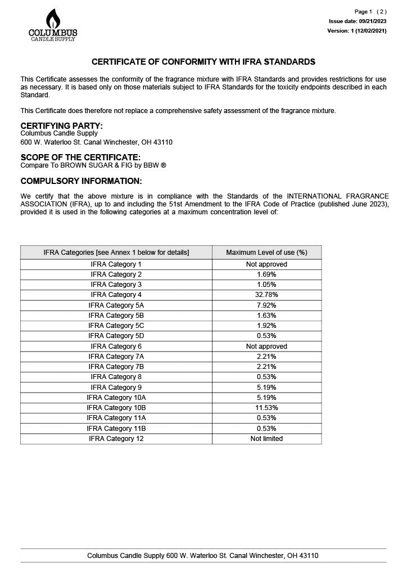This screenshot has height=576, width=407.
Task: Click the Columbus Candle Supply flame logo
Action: tap(53, 25)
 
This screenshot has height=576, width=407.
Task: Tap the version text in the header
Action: tap(356, 31)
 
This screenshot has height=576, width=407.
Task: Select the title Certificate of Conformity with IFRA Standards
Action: tap(203, 62)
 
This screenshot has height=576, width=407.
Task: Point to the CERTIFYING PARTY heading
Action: tap(62, 125)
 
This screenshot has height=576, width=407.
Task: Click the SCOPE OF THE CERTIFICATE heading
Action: tap(80, 157)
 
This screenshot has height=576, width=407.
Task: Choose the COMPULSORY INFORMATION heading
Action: tap(81, 181)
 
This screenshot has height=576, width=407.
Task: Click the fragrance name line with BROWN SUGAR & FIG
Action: tap(93, 165)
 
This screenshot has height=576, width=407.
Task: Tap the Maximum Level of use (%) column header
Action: tap(266, 253)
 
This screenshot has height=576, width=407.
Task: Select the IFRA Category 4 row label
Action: tap(116, 295)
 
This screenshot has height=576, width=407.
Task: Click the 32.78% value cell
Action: tap(266, 295)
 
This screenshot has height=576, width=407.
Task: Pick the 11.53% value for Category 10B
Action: tap(266, 407)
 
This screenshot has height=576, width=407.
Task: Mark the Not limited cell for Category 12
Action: tap(266, 439)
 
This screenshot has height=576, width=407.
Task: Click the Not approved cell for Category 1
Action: tap(266, 264)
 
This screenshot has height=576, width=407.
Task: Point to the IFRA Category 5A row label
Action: tap(116, 305)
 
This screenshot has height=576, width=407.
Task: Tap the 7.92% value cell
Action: tap(266, 305)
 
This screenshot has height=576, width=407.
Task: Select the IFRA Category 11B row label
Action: tap(116, 429)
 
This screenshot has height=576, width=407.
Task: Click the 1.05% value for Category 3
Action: tap(266, 285)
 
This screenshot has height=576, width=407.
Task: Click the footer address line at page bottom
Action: tap(202, 556)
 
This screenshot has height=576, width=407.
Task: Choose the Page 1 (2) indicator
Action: tap(370, 12)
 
